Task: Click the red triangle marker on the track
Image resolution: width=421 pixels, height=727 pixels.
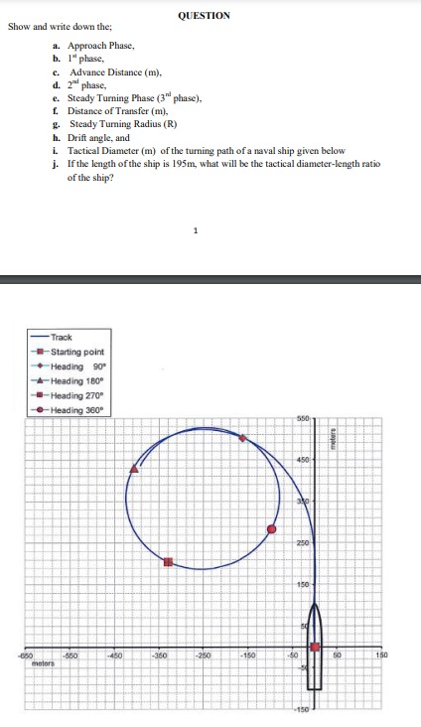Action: (x=135, y=468)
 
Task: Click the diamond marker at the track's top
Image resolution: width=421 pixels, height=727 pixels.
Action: (x=243, y=437)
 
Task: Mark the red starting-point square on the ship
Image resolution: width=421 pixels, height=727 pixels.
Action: (x=316, y=647)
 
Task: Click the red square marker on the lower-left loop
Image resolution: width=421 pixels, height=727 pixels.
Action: (x=168, y=563)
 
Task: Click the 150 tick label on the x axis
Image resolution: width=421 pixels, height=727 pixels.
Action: (x=382, y=655)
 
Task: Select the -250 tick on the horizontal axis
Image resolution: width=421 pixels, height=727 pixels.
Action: (x=203, y=655)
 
